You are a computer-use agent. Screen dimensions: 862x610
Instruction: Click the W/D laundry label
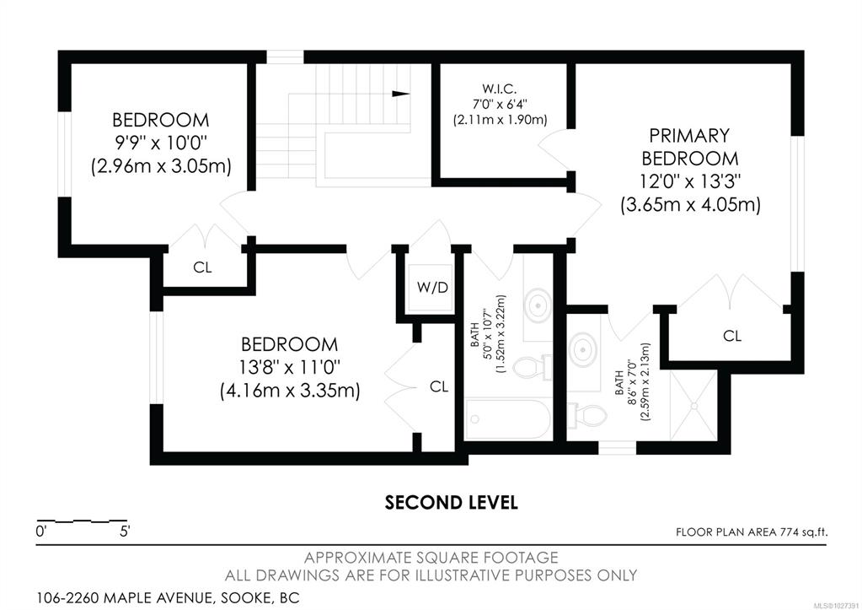point(432,288)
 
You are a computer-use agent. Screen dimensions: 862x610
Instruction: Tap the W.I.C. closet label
point(499,88)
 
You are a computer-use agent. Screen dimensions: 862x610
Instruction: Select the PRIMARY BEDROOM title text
point(689,147)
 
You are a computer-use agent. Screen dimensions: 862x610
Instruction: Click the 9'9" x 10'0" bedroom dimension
point(160,143)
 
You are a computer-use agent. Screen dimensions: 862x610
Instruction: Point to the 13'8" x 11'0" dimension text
point(289,367)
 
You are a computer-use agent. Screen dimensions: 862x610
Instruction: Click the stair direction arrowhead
point(401,94)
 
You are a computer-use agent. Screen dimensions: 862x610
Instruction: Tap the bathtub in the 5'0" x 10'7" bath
point(507,419)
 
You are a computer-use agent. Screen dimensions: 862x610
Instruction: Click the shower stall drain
point(693,406)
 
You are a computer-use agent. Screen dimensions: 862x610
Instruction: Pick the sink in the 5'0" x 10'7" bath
point(538,304)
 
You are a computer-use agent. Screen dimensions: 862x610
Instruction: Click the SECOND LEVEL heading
point(451,502)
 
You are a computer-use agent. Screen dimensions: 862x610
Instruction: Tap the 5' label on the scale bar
point(124,532)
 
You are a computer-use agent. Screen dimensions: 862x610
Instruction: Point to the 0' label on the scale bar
point(40,532)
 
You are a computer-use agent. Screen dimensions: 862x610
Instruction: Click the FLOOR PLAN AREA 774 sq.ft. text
point(752,532)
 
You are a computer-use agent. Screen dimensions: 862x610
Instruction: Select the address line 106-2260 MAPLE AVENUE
point(169,597)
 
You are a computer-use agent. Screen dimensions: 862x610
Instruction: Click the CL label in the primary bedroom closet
point(731,335)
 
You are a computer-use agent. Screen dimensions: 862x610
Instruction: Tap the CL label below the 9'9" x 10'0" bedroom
point(202,267)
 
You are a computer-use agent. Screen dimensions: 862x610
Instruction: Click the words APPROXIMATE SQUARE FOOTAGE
point(431,558)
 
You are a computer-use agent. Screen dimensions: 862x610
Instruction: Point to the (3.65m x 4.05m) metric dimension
point(690,205)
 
